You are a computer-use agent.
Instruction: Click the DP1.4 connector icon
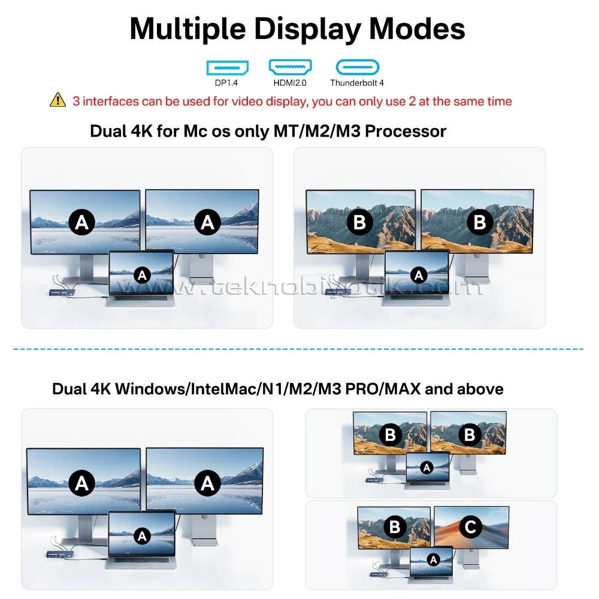(227, 68)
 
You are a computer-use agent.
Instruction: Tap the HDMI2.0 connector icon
(291, 67)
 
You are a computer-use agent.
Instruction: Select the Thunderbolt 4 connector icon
(358, 67)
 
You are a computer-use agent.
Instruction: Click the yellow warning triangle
(58, 100)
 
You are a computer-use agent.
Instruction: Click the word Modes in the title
(417, 29)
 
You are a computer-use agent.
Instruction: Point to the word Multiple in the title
(187, 29)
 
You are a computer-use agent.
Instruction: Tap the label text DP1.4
(226, 83)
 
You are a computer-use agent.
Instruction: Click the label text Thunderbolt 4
(357, 83)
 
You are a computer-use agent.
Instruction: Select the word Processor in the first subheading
(406, 131)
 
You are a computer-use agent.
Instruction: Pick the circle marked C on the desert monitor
(471, 527)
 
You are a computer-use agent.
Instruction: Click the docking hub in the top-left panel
(62, 293)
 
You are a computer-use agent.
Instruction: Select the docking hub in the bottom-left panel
(59, 554)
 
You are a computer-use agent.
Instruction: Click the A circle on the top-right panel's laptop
(419, 275)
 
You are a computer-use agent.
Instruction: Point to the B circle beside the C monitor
(395, 527)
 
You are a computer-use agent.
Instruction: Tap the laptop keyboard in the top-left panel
(141, 298)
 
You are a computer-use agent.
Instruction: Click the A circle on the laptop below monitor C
(433, 560)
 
